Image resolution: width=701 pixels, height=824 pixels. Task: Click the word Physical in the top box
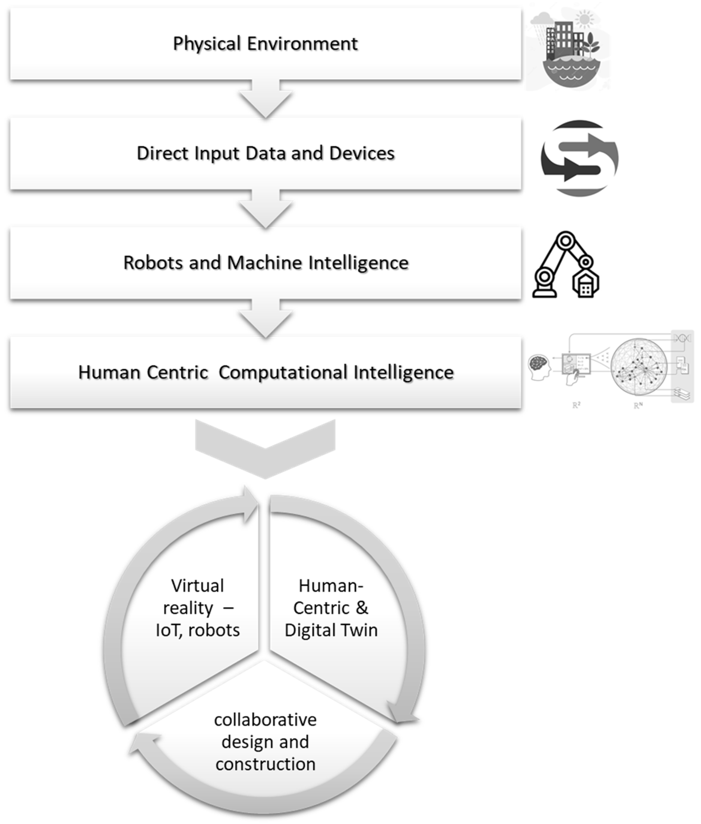point(207,44)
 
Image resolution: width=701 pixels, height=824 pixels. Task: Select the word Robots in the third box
point(153,262)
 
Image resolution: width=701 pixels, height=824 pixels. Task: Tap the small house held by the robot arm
point(585,285)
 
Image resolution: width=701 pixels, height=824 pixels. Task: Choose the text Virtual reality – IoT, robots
point(198,608)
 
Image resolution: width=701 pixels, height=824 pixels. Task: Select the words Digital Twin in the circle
point(331,630)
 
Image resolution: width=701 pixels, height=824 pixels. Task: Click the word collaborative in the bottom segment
point(265,720)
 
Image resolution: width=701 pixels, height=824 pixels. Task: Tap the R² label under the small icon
point(576,406)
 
